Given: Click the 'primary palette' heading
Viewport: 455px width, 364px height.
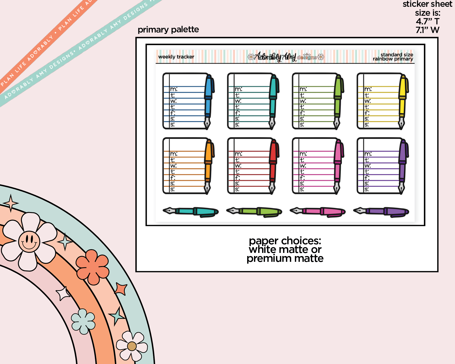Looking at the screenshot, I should pyautogui.click(x=168, y=30).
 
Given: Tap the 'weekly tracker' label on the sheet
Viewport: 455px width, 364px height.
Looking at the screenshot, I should pyautogui.click(x=176, y=57).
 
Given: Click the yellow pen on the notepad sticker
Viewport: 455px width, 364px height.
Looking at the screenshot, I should pyautogui.click(x=403, y=101).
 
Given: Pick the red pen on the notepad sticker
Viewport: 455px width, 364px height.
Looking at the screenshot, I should pyautogui.click(x=273, y=166).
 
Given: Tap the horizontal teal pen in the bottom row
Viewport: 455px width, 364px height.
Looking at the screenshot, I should pyautogui.click(x=191, y=211).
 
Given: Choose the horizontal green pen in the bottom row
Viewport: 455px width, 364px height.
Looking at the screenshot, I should pyautogui.click(x=254, y=211).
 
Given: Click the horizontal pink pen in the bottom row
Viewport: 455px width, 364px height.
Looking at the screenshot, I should pyautogui.click(x=318, y=211).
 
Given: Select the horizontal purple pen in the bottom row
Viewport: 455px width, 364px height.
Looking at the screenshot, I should pyautogui.click(x=381, y=211).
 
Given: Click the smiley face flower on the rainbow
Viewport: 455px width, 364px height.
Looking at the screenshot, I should pyautogui.click(x=29, y=241).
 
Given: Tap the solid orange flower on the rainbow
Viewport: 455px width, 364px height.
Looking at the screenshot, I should pyautogui.click(x=93, y=267).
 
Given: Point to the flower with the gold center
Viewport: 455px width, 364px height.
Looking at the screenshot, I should pyautogui.click(x=132, y=346).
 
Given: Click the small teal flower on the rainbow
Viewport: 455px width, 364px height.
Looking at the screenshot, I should pyautogui.click(x=83, y=321).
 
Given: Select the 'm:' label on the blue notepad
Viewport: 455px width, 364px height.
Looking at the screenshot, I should pyautogui.click(x=174, y=89).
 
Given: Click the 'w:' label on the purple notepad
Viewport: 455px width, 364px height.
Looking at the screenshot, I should pyautogui.click(x=368, y=166).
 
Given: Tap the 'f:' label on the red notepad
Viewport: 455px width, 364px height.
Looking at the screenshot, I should pyautogui.click(x=237, y=177).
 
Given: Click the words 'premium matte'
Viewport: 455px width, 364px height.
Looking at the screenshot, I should pyautogui.click(x=285, y=259).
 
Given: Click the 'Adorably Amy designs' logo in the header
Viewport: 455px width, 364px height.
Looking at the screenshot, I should pyautogui.click(x=286, y=57).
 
